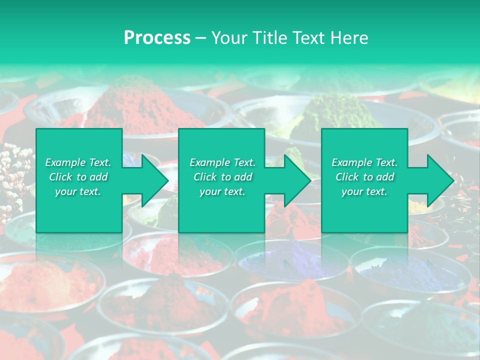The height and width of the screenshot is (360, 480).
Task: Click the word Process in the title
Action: point(157,38)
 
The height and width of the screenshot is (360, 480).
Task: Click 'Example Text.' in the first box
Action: point(78,162)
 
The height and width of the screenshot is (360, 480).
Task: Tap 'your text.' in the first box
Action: point(78,191)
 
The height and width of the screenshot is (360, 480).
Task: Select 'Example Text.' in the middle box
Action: point(222,162)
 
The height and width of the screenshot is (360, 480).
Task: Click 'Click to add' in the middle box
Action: point(222,177)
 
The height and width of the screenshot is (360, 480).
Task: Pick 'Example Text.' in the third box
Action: point(364,162)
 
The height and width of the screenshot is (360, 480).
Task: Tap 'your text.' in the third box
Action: point(364,191)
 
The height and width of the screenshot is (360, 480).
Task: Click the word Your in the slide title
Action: point(229,38)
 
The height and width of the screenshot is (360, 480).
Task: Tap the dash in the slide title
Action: point(201,38)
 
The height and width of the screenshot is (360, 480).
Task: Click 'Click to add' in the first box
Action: point(78,177)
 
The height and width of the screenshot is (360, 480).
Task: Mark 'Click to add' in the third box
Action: point(364,177)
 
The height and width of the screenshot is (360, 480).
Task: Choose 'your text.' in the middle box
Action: point(222,191)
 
